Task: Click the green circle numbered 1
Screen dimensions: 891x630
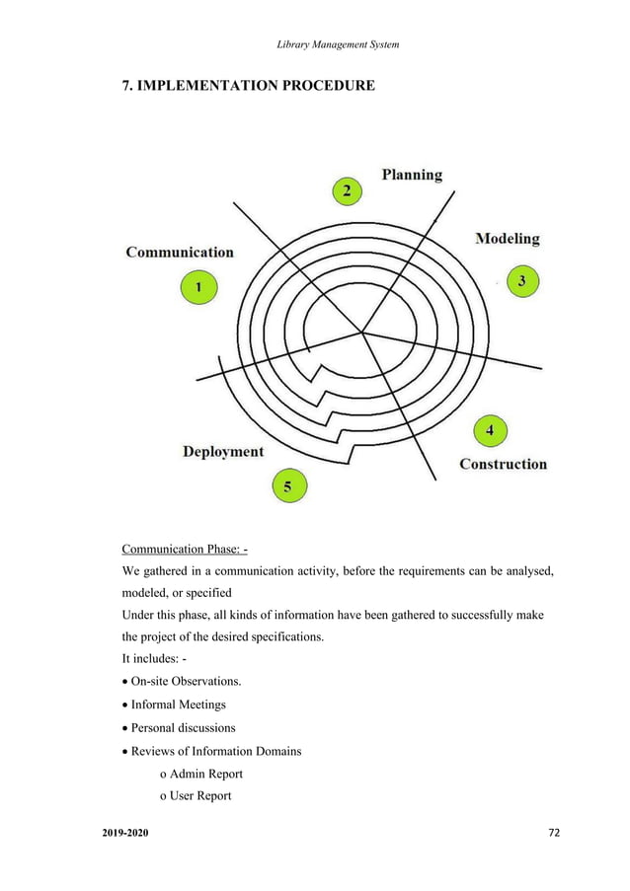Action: pos(198,288)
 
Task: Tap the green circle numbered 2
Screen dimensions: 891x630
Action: pos(346,191)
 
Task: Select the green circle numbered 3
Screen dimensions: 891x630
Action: pos(522,281)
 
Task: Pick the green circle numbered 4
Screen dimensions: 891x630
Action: pos(491,431)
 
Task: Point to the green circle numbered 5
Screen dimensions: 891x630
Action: pos(287,485)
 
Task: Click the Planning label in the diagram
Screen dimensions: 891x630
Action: pos(412,175)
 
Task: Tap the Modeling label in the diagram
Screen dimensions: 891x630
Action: pos(508,238)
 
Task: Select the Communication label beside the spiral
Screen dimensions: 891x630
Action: pos(180,252)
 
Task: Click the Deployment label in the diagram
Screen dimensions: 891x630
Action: pos(223,451)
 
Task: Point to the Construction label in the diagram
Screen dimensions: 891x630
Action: pos(503,464)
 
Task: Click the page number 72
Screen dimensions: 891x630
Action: pos(553,833)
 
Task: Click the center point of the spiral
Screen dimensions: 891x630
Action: pos(362,333)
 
